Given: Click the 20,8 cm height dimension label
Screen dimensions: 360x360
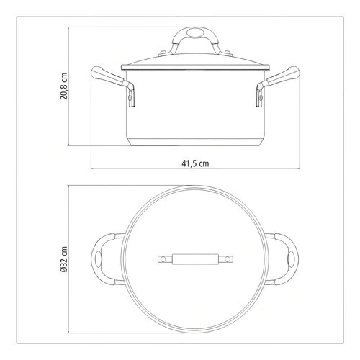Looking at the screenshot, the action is (64, 86).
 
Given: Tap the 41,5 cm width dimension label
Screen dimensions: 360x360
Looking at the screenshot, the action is (195, 163).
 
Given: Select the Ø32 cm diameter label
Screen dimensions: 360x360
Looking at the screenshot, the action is (64, 260).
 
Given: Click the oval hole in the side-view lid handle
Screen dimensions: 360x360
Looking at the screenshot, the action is (194, 32).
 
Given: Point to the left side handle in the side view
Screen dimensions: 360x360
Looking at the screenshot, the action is (112, 85).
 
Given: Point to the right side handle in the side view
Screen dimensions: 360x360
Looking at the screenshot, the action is (278, 85).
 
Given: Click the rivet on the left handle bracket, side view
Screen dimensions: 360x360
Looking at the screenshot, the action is (130, 98).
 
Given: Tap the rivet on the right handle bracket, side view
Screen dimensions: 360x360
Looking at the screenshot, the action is (261, 98).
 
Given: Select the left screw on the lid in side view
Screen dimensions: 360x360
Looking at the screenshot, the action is (163, 53).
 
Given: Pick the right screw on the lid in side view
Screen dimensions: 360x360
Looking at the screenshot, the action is (227, 53).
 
